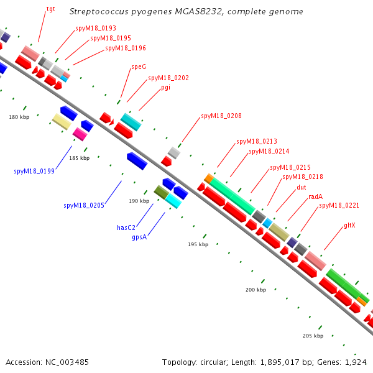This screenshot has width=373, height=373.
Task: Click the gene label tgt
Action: [x=50, y=10]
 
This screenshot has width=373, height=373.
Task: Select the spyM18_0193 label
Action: [x=96, y=28]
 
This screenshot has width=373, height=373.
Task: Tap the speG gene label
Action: [x=138, y=67]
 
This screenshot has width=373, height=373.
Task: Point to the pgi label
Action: [x=165, y=87]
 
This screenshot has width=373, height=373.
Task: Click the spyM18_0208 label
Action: [x=221, y=116]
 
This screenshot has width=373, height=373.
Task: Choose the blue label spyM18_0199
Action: [x=34, y=171]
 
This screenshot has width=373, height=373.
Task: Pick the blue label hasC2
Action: [x=126, y=228]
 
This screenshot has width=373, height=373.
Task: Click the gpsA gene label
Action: [x=139, y=237]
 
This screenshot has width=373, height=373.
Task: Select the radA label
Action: [x=315, y=196]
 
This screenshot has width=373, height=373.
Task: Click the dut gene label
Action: [x=301, y=186]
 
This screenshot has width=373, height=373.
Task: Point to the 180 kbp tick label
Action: [x=19, y=117]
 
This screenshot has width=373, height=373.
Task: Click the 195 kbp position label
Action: [x=198, y=244]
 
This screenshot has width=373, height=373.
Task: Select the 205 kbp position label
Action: [x=313, y=336]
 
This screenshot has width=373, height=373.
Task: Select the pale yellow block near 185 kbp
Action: [x=62, y=121]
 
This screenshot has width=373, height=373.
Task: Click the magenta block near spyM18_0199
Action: [x=80, y=134]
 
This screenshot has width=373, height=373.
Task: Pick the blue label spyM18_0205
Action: [x=84, y=205]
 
